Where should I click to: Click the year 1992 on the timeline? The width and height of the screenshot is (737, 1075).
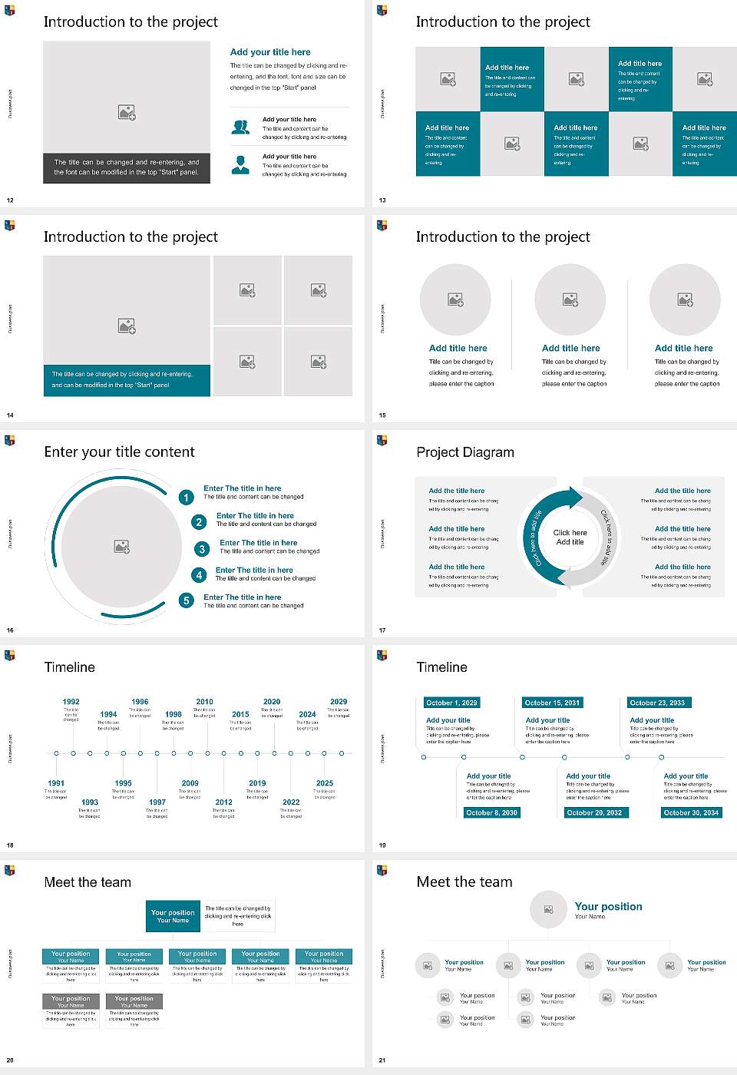click(71, 701)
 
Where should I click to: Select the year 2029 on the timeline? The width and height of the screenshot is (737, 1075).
click(339, 701)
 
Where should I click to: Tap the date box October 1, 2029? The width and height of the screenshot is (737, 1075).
click(451, 703)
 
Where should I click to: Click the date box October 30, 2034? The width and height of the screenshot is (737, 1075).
click(691, 812)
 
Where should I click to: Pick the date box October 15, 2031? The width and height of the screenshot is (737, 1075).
click(552, 703)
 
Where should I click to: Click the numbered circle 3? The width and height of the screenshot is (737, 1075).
click(202, 549)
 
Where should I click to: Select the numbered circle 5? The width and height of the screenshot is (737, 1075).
click(186, 600)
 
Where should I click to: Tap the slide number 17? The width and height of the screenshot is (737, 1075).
click(382, 630)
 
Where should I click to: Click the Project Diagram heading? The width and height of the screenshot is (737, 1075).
click(465, 452)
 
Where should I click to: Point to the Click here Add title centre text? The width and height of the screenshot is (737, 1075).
click(570, 537)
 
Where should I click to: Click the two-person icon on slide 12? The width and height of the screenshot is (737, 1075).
click(240, 127)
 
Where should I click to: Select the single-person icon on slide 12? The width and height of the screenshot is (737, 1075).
click(240, 164)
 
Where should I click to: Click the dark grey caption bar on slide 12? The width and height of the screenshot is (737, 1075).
click(127, 167)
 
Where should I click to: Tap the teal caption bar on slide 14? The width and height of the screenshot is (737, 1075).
click(127, 380)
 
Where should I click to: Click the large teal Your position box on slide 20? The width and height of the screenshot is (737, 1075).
click(173, 916)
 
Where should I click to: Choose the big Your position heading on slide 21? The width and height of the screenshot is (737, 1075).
click(608, 907)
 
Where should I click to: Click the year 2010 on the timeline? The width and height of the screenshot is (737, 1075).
click(204, 701)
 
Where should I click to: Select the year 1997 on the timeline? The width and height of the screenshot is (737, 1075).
click(157, 802)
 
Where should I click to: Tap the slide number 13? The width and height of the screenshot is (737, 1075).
click(382, 200)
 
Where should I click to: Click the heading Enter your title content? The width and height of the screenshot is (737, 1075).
click(119, 452)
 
